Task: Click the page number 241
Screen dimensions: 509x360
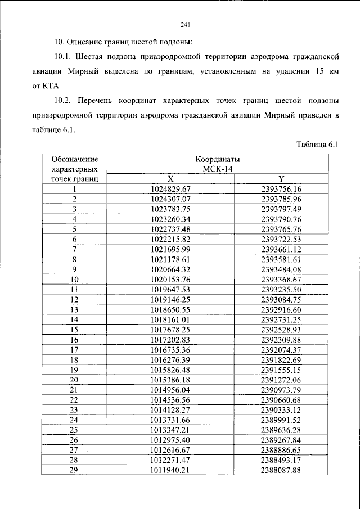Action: [x=186, y=24]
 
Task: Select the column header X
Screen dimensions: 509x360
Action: [x=170, y=179]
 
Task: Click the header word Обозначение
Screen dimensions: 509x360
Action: [x=74, y=159]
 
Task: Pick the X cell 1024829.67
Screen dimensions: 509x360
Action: [x=172, y=189]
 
